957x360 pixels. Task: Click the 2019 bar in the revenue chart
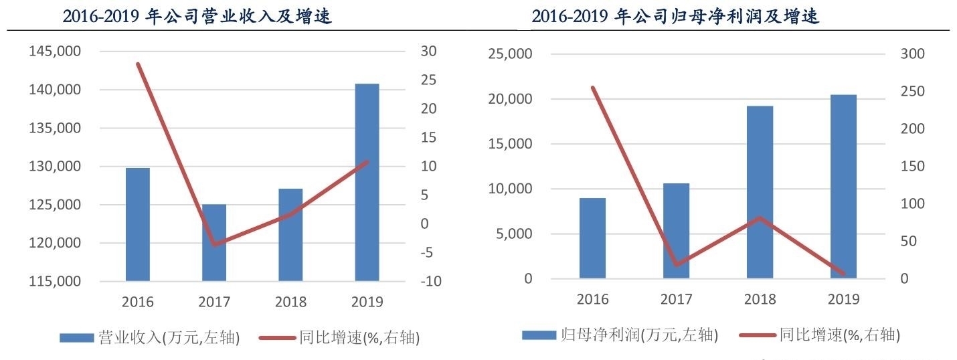367,182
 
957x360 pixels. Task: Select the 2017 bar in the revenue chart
214,242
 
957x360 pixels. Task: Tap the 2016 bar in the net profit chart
592,238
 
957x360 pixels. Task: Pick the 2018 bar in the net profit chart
760,192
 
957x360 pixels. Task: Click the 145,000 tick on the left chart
56,52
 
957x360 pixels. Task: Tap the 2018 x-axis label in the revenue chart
290,302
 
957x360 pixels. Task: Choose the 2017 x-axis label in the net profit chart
676,299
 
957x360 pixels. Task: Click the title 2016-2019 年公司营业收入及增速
197,17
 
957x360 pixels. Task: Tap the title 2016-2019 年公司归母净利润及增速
676,17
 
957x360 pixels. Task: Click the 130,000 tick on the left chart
56,167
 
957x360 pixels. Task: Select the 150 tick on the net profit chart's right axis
912,167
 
